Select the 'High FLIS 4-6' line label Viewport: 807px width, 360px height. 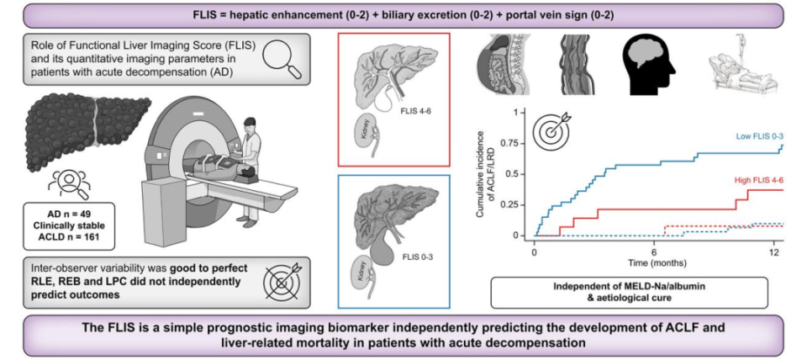point(758,180)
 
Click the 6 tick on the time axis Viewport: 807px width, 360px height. point(654,252)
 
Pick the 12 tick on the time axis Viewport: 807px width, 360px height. point(774,252)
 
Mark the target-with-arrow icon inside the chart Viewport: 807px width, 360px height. point(551,129)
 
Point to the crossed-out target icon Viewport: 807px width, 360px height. point(282,283)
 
